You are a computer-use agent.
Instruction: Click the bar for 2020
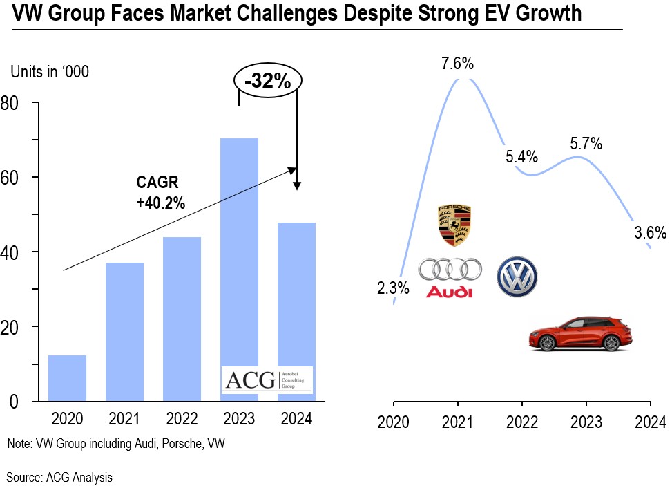tap(67, 377)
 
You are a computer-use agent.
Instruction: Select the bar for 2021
tap(124, 331)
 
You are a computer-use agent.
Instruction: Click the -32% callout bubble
tap(267, 82)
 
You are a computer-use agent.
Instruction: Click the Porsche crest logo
tap(454, 225)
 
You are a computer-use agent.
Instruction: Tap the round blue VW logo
tap(517, 277)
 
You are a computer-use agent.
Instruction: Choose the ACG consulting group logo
tap(267, 380)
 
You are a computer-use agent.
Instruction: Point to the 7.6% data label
tap(457, 64)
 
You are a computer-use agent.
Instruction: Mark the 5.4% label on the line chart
tap(521, 157)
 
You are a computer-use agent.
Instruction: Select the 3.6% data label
tap(650, 232)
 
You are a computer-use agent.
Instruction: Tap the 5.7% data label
tap(586, 144)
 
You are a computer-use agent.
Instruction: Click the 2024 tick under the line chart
tap(650, 422)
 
